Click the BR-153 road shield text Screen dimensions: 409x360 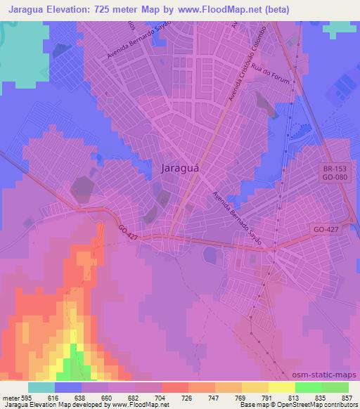pos(333,169)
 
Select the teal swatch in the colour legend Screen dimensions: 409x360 pos(41,387)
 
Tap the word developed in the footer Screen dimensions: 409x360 pos(91,405)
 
